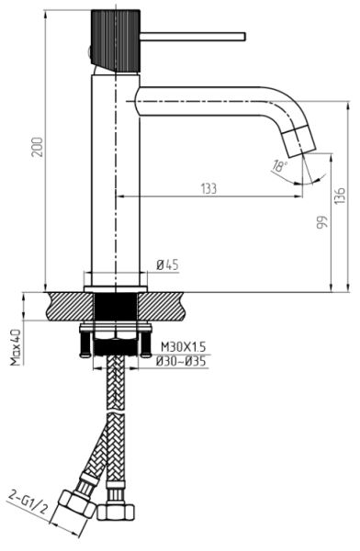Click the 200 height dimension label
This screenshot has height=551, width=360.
[38, 147]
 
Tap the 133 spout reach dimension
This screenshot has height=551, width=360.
[208, 188]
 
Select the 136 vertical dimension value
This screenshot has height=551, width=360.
[340, 195]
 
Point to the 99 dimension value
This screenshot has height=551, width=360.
[322, 223]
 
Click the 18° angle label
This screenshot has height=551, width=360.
[279, 165]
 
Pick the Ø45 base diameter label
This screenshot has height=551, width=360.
[167, 264]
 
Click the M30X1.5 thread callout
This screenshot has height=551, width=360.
[183, 347]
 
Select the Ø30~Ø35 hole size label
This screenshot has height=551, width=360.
[181, 361]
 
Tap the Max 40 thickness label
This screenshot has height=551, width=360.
[16, 347]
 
